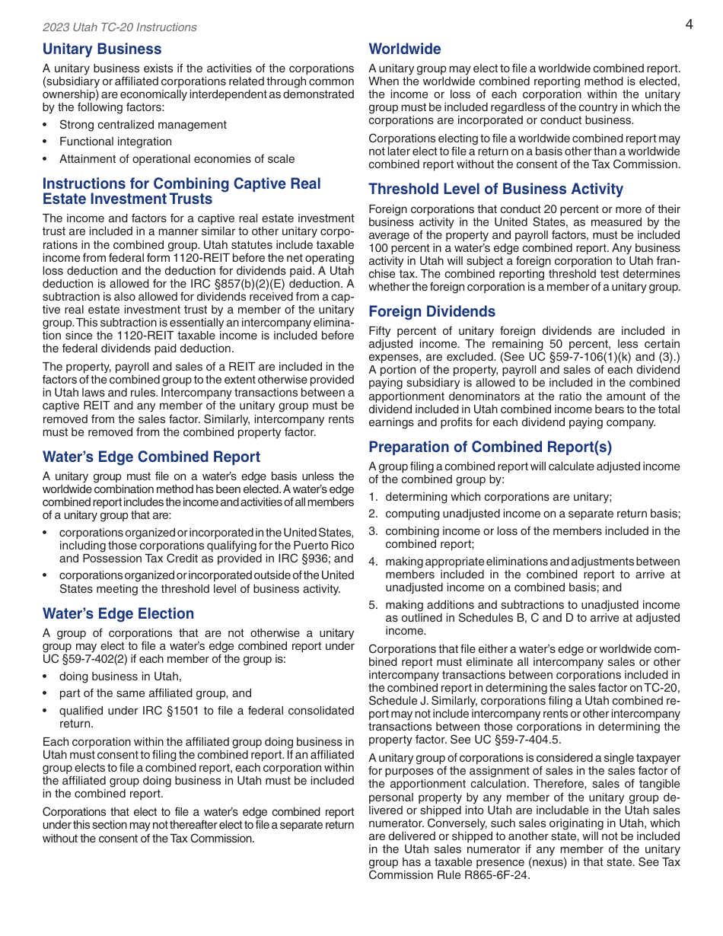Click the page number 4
pos(689,24)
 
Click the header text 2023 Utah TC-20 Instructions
pos(119,27)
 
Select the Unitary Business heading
pos(102,49)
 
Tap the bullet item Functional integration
pos(116,142)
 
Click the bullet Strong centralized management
pos(142,125)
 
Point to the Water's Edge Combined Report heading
pos(151,457)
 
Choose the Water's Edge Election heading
pos(118,614)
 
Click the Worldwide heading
pos(405,49)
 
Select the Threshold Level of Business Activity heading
pos(495,189)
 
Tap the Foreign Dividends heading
pos(432,312)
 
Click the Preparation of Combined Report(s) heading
pos(490,447)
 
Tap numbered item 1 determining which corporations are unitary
pos(498,497)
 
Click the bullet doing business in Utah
pos(120,677)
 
